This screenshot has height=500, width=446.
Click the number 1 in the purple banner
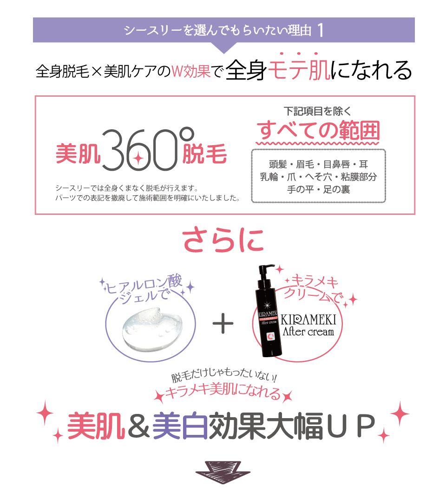pyautogui.click(x=320, y=30)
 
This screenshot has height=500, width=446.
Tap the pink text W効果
pyautogui.click(x=191, y=71)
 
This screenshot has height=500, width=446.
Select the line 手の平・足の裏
pyautogui.click(x=318, y=190)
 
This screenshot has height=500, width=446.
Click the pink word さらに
pyautogui.click(x=223, y=240)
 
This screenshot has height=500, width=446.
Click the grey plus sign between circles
pyautogui.click(x=223, y=324)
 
